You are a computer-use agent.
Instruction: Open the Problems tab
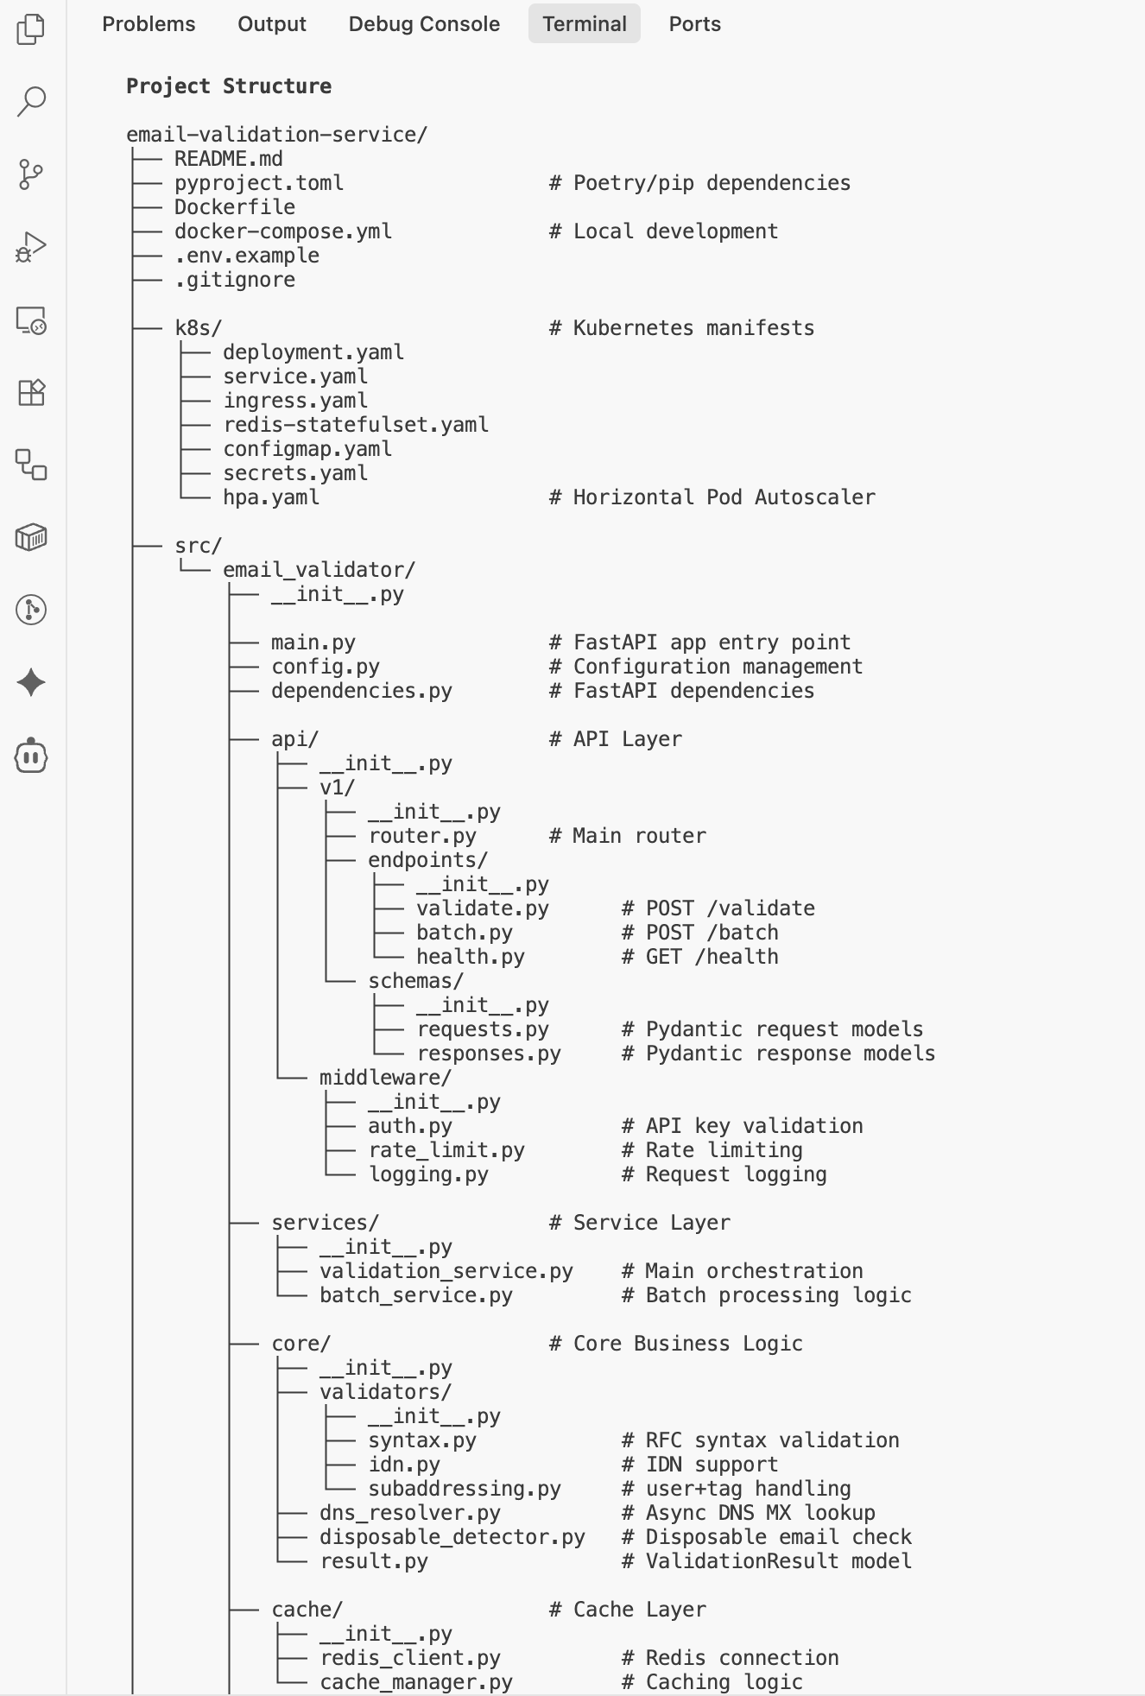[149, 24]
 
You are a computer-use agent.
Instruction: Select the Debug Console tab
[424, 24]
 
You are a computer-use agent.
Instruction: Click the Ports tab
[694, 24]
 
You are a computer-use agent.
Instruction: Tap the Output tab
[272, 24]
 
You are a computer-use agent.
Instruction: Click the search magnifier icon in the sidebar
[31, 101]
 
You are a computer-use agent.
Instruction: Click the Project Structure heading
[229, 86]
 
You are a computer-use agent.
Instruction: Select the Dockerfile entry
[235, 207]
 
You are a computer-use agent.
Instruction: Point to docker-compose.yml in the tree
[283, 231]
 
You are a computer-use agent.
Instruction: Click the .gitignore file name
[235, 280]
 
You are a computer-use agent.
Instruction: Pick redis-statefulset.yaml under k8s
[356, 425]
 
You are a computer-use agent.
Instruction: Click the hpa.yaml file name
[271, 497]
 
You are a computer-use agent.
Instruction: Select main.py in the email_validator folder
[313, 642]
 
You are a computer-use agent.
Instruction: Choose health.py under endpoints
[471, 957]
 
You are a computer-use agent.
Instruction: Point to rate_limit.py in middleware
[446, 1150]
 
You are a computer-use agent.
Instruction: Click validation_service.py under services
[446, 1271]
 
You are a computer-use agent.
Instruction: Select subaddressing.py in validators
[465, 1489]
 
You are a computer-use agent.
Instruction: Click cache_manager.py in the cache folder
[416, 1682]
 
